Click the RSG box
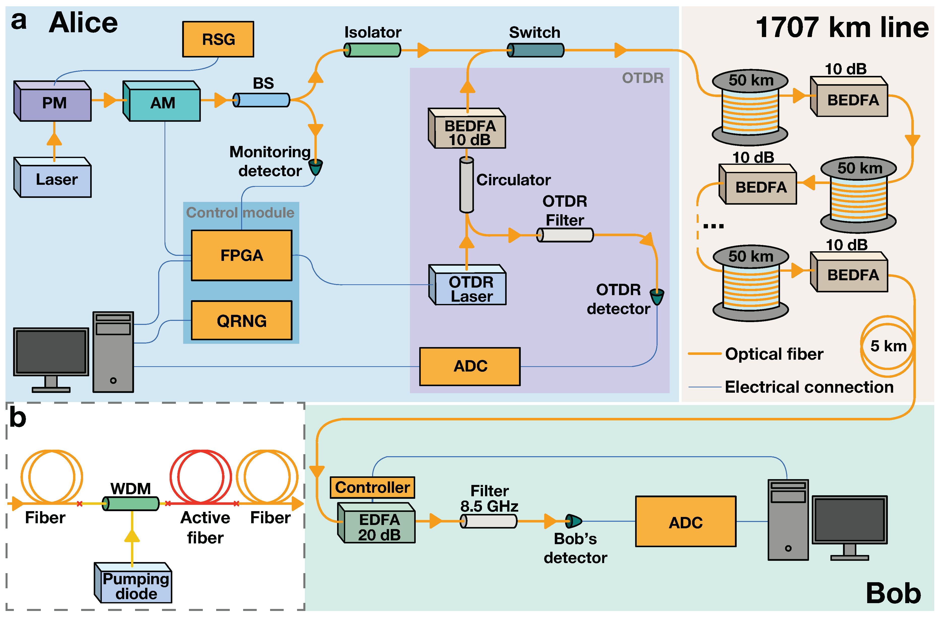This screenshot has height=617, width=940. (x=218, y=39)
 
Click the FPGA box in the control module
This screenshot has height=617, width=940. (x=242, y=255)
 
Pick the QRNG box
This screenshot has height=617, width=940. (x=242, y=320)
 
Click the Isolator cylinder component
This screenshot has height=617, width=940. (x=372, y=50)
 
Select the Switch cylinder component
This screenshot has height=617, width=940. (x=536, y=50)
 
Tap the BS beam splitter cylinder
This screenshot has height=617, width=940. (x=262, y=100)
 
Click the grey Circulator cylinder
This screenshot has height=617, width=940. (x=466, y=185)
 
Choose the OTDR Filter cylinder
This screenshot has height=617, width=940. (x=565, y=235)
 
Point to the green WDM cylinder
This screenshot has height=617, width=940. (x=131, y=504)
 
